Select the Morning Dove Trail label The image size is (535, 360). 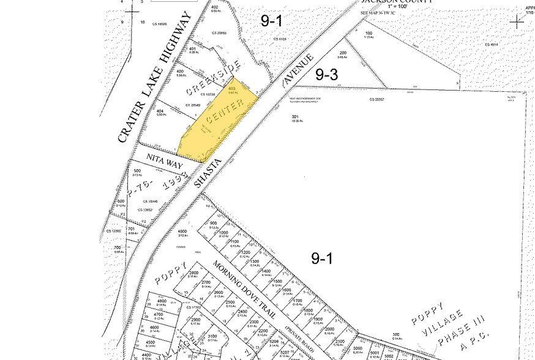244,289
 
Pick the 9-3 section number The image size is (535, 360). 326,75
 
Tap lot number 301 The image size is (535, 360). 295,117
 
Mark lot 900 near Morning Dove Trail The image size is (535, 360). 213,223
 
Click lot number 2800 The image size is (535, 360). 194,272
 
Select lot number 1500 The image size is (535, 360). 277,282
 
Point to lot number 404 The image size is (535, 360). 160,111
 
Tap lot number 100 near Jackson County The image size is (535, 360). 369,33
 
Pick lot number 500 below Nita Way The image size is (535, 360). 137,171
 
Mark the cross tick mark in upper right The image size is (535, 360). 518,21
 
